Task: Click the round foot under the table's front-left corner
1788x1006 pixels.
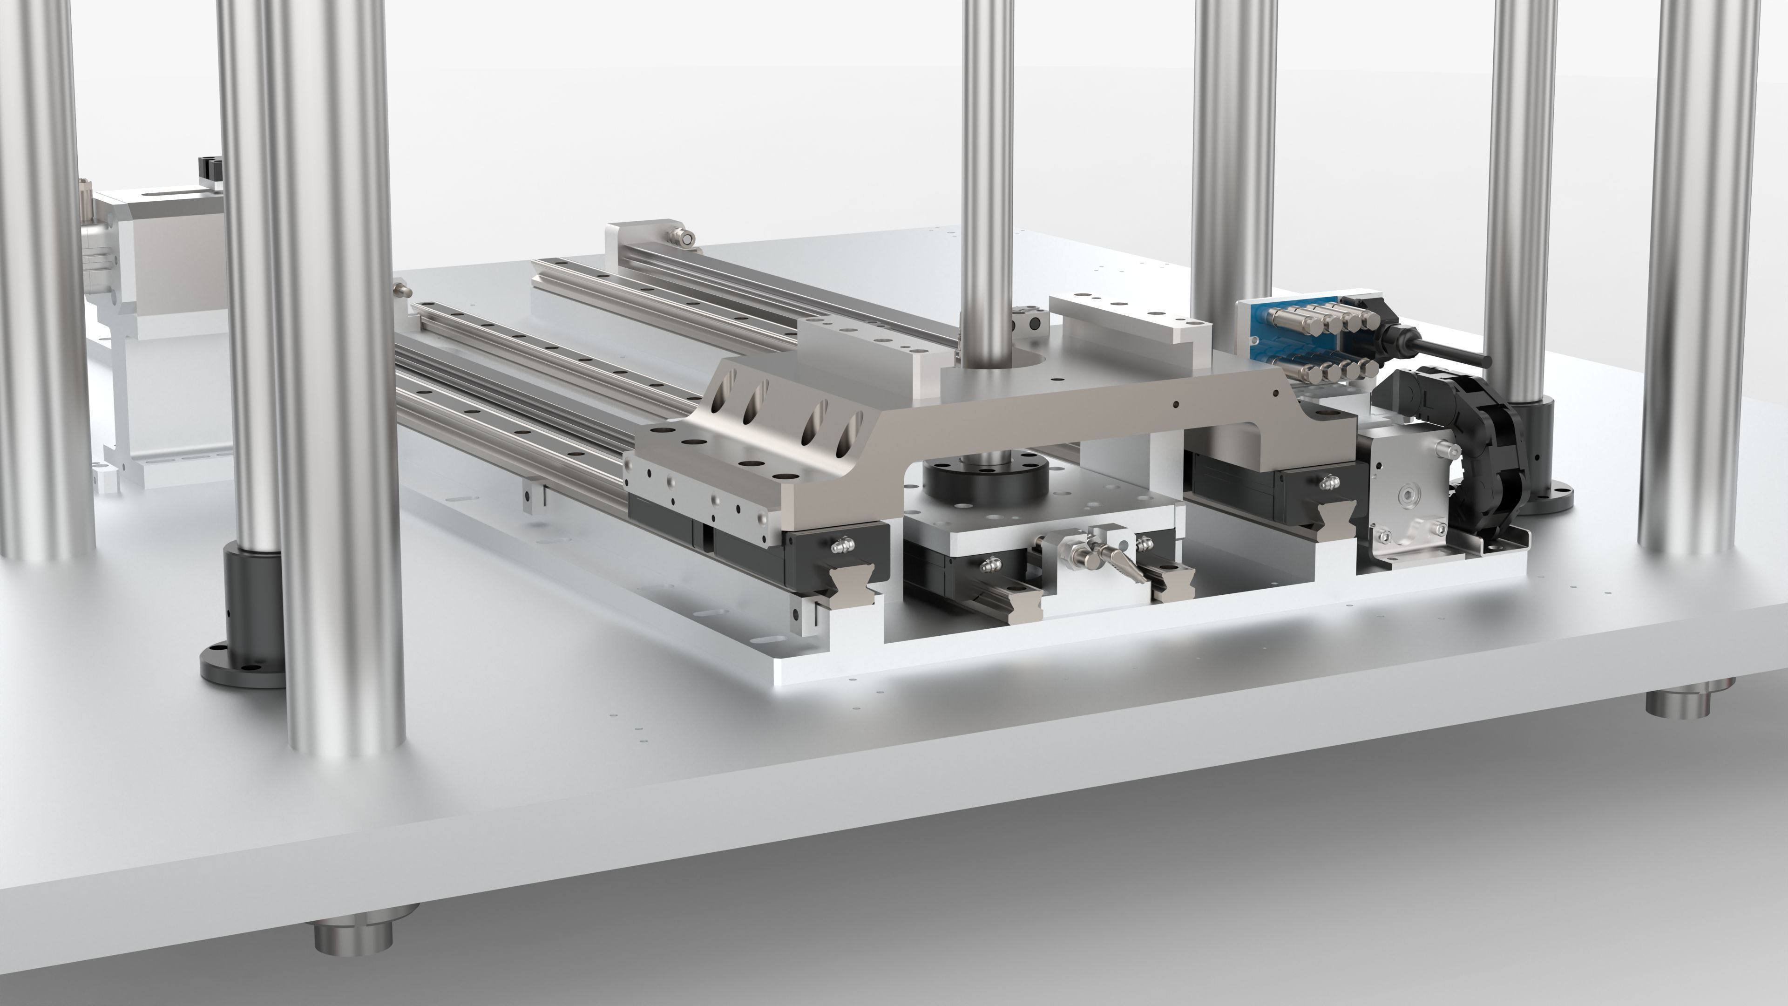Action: click(354, 934)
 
